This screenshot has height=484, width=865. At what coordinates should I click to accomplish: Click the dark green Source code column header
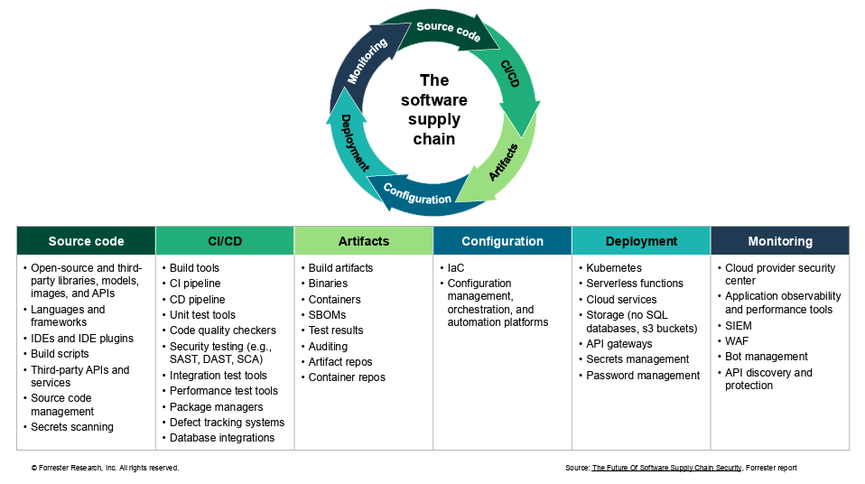(x=86, y=241)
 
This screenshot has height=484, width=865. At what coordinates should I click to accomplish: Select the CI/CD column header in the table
(x=225, y=241)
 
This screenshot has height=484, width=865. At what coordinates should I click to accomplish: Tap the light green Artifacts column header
(x=363, y=241)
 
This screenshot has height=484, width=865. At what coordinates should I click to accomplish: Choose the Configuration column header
(x=502, y=241)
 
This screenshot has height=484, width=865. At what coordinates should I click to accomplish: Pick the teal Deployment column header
(x=641, y=241)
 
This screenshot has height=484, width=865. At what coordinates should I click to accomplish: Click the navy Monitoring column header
(x=779, y=241)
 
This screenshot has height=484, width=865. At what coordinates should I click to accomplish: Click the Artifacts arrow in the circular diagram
(x=502, y=162)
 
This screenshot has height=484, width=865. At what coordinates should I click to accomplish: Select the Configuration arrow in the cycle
(x=417, y=194)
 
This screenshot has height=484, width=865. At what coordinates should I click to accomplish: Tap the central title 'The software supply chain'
(x=433, y=109)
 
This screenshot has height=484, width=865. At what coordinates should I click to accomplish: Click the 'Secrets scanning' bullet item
(x=72, y=427)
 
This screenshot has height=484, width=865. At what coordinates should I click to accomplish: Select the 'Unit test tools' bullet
(x=202, y=315)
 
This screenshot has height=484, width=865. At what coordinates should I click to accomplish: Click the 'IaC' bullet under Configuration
(x=456, y=268)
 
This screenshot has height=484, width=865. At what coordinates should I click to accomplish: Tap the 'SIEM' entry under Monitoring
(x=739, y=326)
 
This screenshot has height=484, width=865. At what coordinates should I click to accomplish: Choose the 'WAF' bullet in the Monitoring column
(x=738, y=341)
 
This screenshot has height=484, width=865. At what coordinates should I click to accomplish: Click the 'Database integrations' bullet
(x=222, y=438)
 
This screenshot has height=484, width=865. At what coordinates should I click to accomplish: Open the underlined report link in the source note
(x=666, y=468)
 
